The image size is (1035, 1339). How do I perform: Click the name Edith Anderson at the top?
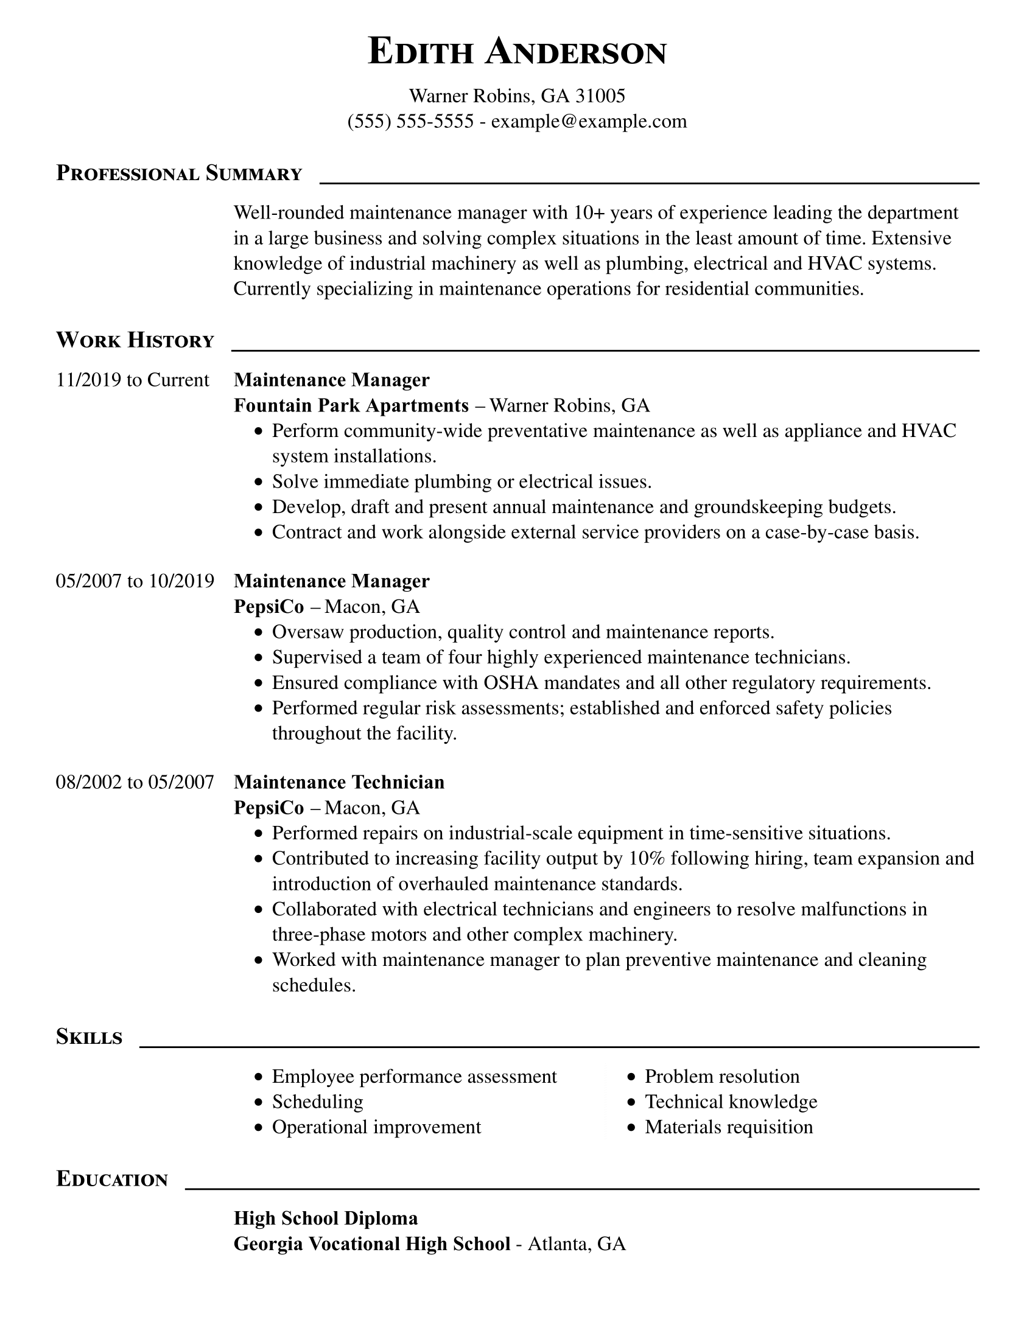tap(517, 52)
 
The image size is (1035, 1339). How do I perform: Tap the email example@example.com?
tap(589, 121)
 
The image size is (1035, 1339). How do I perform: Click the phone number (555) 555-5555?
tap(410, 121)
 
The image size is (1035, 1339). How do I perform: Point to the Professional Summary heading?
tap(179, 174)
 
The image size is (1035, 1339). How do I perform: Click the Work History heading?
tap(135, 341)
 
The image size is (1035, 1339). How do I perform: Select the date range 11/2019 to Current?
tap(133, 380)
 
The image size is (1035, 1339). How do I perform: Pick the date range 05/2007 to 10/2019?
tap(135, 581)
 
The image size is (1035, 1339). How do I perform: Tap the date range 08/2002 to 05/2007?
tap(135, 782)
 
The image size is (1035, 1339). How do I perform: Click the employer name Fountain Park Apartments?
tap(351, 405)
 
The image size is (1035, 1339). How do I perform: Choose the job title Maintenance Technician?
tap(339, 782)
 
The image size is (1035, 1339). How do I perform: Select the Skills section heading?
tap(89, 1037)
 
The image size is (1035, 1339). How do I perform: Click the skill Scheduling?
tap(318, 1102)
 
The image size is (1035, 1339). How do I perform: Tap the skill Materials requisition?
tap(728, 1127)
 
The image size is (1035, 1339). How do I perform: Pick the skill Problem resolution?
tap(721, 1077)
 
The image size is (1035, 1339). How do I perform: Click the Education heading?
tap(111, 1180)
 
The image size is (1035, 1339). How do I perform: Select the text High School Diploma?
tap(326, 1218)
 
